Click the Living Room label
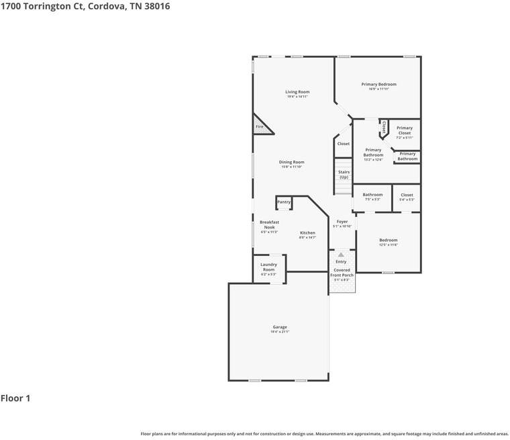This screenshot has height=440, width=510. pos(297,92)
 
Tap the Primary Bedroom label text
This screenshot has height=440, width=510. pos(378,85)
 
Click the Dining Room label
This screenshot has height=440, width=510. pos(292,162)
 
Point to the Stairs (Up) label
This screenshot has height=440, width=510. pos(344,175)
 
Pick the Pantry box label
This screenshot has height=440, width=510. pos(284,202)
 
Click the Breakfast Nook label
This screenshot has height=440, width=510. pos(269,224)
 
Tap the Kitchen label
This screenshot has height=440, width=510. pos(307,233)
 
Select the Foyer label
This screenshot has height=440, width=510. pos(342,221)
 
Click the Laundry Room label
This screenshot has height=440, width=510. pos(268,267)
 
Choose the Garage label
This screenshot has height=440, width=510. pos(280,327)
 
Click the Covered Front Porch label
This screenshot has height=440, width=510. pos(342,272)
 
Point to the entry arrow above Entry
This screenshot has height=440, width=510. pos(341,255)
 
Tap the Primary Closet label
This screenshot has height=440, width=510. pos(405,130)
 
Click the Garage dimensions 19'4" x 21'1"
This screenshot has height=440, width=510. pos(280,332)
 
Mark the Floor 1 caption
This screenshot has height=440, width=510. pos(15,398)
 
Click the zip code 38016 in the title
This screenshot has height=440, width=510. pos(154,7)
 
